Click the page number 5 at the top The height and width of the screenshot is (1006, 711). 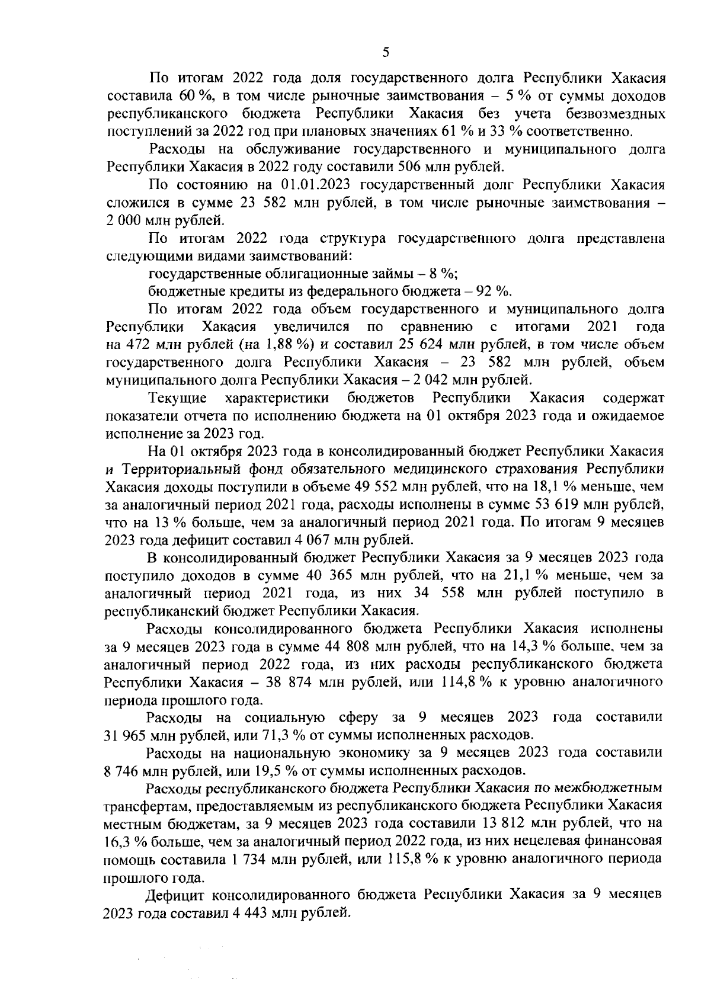click(386, 52)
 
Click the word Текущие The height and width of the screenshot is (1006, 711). click(178, 396)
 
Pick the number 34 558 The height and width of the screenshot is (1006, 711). click(444, 592)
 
